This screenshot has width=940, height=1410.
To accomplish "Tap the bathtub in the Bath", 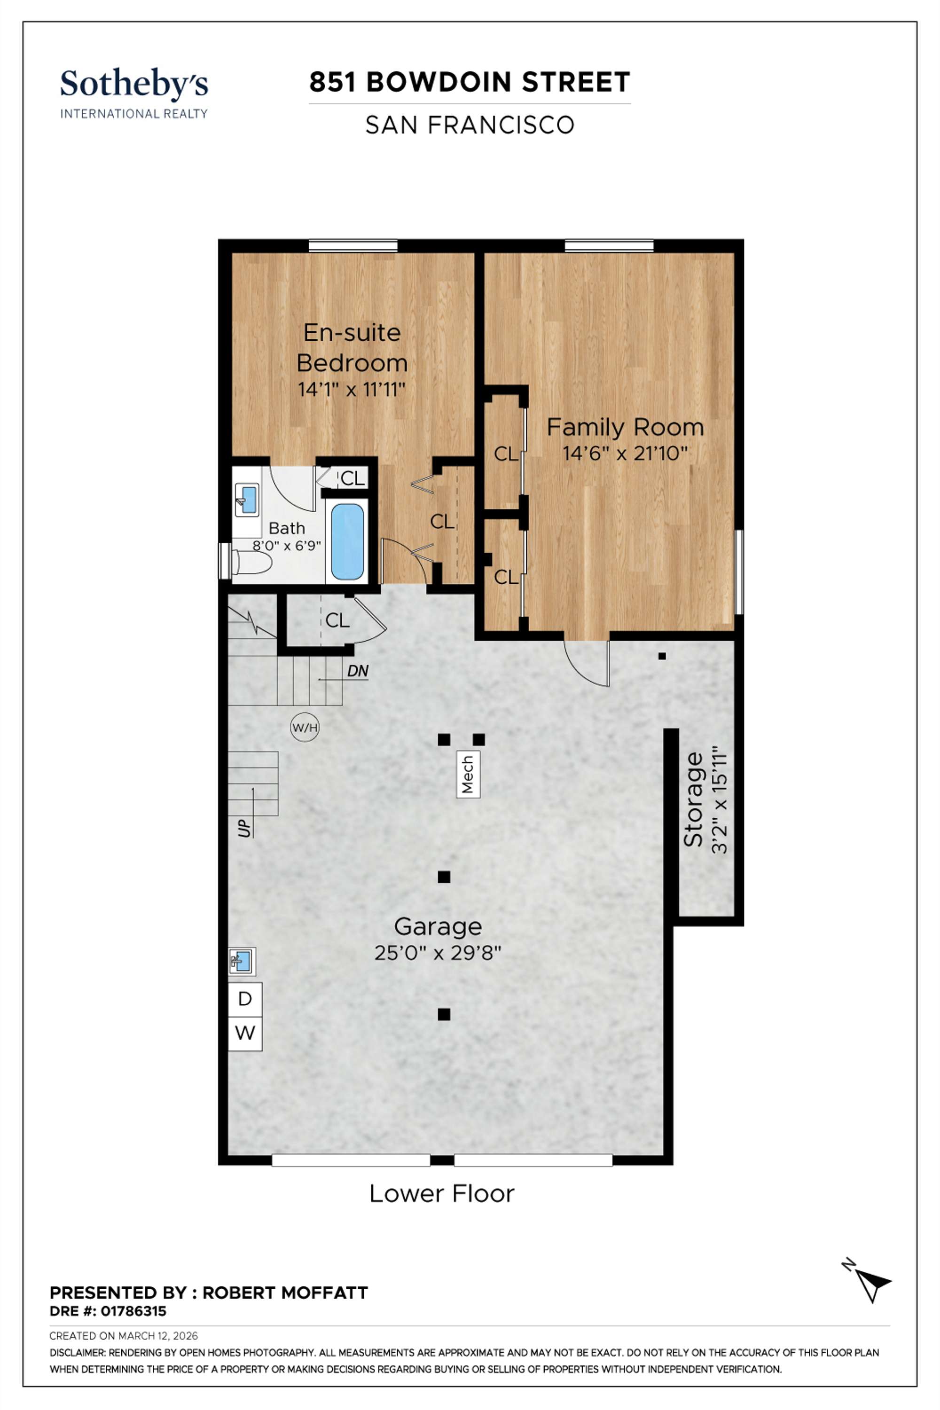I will [347, 542].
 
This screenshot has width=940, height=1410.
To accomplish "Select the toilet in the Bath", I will [252, 562].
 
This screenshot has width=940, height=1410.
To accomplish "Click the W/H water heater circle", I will [305, 728].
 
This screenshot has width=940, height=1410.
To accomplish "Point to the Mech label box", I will [468, 774].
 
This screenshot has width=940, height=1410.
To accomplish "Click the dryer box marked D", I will [244, 999].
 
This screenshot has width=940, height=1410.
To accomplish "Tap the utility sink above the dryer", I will [242, 962].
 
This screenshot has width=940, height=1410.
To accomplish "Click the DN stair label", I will [358, 671].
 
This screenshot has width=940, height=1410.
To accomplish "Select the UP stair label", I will [244, 828].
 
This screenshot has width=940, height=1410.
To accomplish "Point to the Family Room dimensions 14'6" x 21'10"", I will [625, 453].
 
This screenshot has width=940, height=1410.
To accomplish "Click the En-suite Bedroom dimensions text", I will [352, 390].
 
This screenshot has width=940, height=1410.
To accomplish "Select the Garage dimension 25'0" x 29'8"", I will [438, 953].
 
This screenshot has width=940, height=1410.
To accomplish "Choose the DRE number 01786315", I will [133, 1311].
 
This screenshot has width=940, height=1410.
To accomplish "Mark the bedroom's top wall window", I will [353, 246].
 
